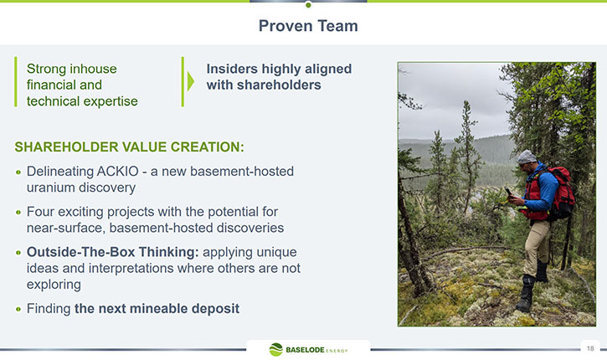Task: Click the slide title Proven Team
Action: coord(308,26)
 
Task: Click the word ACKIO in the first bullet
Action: coord(118,171)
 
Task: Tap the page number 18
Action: coord(590,348)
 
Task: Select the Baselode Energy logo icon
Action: coord(276,350)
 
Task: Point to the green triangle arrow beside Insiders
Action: coord(190,81)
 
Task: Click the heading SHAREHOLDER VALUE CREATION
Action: coord(129,147)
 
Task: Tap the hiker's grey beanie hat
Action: coord(527,157)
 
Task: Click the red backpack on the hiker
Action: coord(561,193)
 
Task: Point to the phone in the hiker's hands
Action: coord(508,191)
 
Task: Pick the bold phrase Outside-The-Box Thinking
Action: coord(113,252)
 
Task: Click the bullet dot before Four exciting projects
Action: coord(18,212)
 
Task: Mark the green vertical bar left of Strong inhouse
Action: coord(16,82)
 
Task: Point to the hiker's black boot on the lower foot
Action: coord(525,294)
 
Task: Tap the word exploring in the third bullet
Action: coord(54,285)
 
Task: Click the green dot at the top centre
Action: coord(308,5)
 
